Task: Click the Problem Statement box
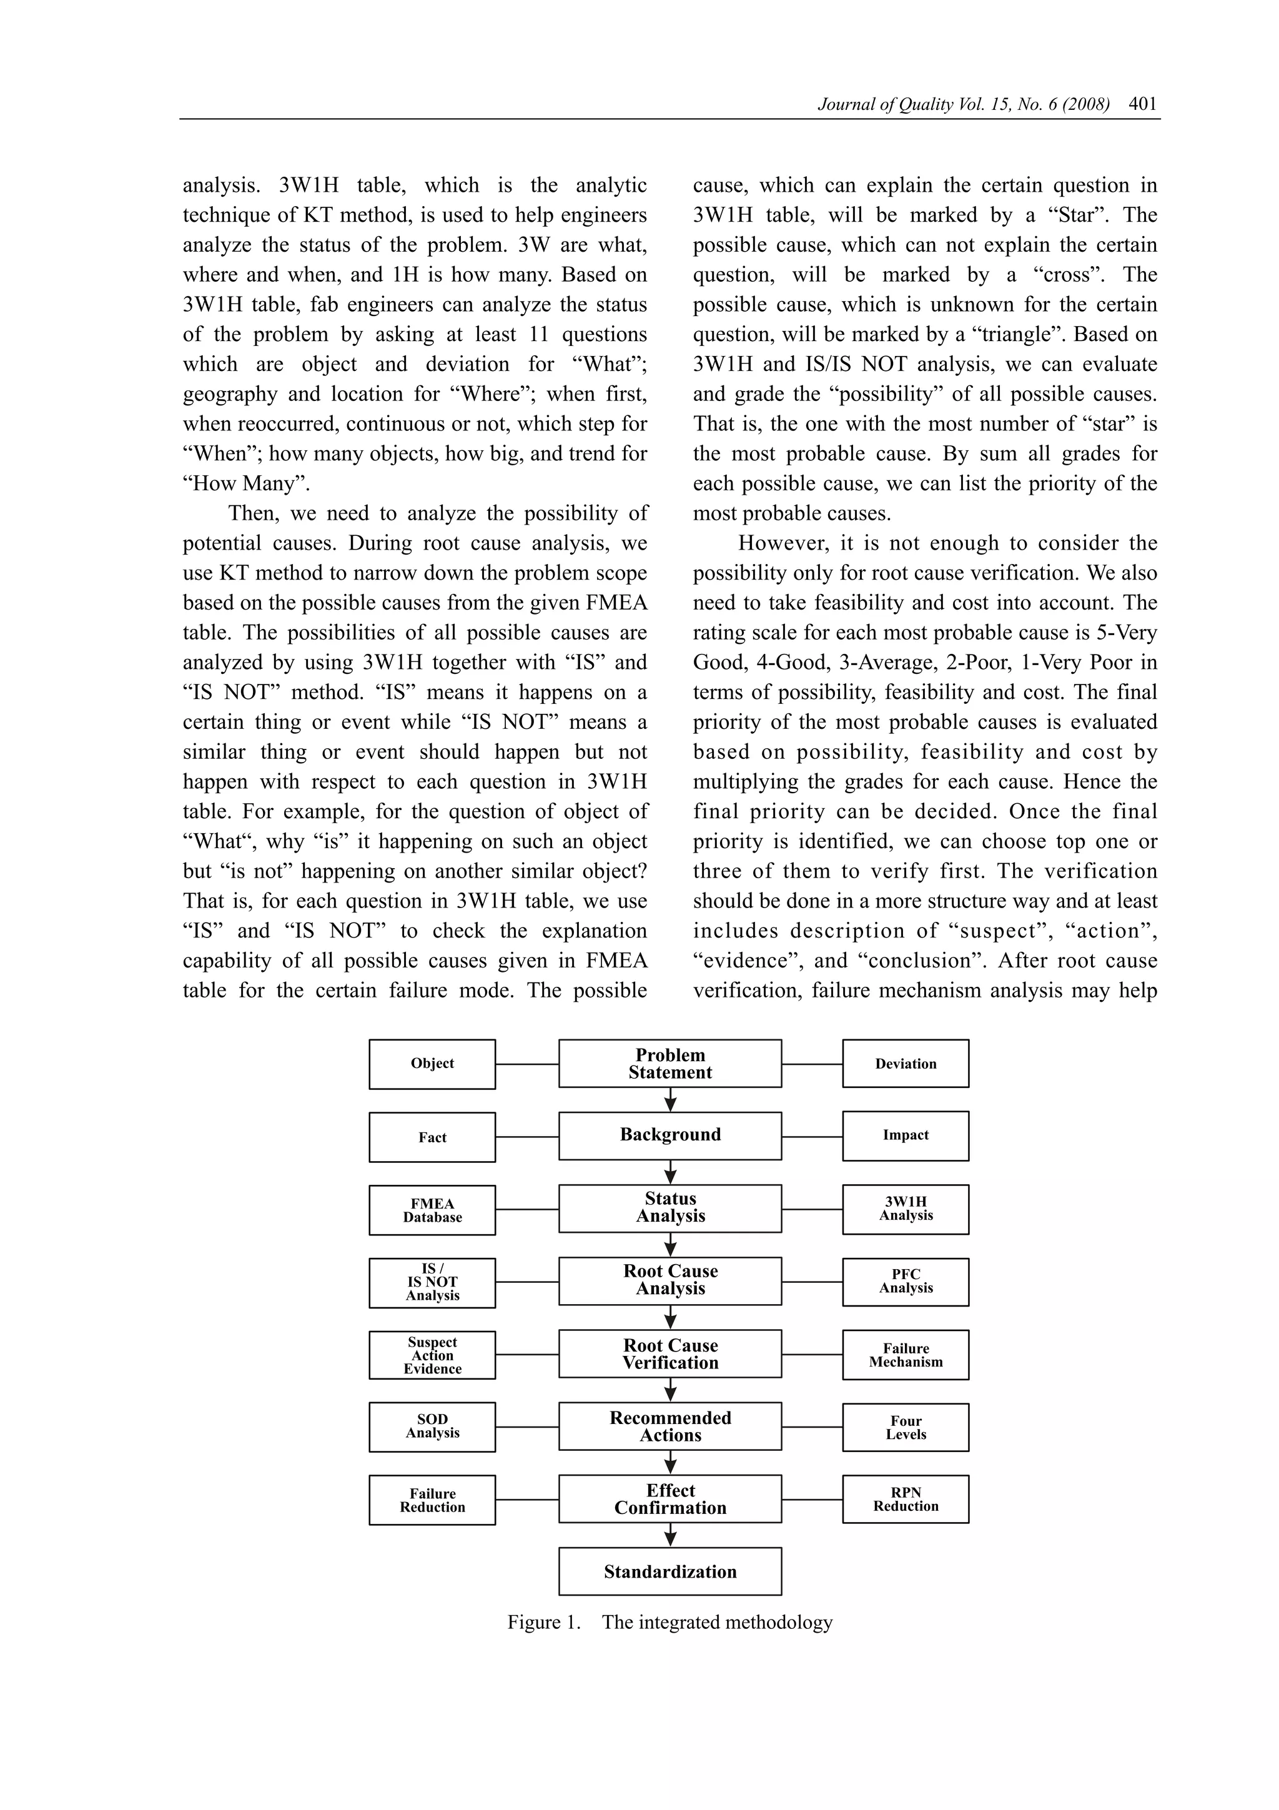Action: tap(670, 1064)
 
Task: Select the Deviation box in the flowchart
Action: tap(906, 1064)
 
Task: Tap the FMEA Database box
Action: tap(432, 1210)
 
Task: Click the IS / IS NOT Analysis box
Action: tap(432, 1283)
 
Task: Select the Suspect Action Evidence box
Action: tap(432, 1355)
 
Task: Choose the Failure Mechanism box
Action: tap(906, 1355)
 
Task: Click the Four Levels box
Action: tap(906, 1428)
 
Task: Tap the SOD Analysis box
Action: tap(432, 1427)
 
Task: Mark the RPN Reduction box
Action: tap(906, 1500)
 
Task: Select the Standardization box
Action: tap(670, 1571)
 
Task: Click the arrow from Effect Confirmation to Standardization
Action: tap(671, 1535)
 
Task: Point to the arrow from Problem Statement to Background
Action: tap(671, 1100)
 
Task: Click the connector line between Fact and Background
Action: tap(527, 1137)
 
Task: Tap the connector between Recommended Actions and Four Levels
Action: tap(812, 1427)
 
